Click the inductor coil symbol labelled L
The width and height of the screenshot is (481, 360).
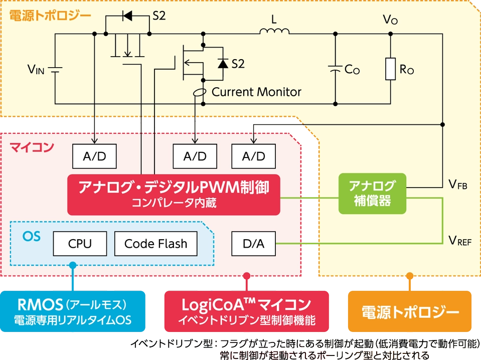(274, 32)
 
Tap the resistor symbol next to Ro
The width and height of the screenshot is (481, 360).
(391, 69)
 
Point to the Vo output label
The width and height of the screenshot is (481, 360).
(390, 20)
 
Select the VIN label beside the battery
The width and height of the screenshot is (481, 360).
(36, 70)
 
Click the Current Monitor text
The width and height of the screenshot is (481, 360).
(256, 92)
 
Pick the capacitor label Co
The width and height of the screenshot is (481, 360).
(352, 70)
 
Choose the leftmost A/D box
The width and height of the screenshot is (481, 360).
(95, 156)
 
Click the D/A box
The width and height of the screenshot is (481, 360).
(253, 244)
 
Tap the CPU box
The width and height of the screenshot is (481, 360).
(80, 244)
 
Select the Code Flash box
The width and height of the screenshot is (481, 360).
(155, 244)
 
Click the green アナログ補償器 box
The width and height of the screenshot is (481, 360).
(372, 194)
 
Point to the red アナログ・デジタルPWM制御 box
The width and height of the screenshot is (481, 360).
(173, 194)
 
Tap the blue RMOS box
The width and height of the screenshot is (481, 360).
(73, 311)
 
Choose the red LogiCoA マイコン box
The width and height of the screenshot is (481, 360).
(246, 311)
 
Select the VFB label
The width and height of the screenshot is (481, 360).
(457, 185)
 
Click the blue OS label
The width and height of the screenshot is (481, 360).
(32, 236)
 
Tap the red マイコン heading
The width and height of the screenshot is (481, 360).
(32, 148)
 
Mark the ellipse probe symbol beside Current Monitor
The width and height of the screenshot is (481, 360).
(200, 93)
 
